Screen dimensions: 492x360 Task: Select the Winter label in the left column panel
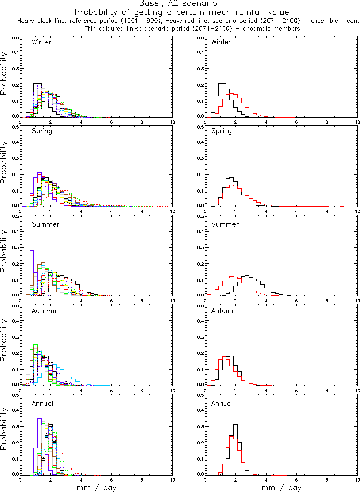[42, 42]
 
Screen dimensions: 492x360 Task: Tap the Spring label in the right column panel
[221, 131]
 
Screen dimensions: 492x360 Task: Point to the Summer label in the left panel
[45, 224]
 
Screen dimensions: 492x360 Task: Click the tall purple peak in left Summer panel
[28, 244]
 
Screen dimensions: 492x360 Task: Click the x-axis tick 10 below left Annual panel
[173, 480]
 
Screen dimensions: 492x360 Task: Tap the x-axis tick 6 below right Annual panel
[296, 480]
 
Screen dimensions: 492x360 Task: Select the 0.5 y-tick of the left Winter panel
[15, 38]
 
